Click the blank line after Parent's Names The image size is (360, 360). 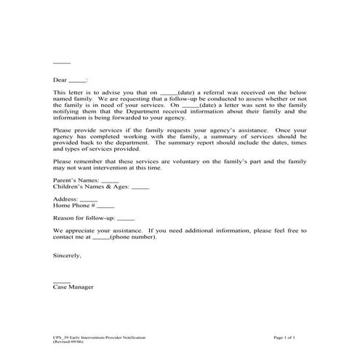(x=110, y=180)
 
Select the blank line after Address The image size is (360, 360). (x=88, y=199)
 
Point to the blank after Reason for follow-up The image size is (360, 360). (x=125, y=217)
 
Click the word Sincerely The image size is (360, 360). (x=68, y=255)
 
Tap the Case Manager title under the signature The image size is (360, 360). (x=73, y=287)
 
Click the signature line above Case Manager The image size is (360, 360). (x=62, y=281)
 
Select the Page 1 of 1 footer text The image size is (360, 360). (x=289, y=338)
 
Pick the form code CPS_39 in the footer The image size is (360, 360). (x=62, y=338)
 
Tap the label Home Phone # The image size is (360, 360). (x=74, y=205)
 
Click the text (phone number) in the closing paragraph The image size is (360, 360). (x=133, y=236)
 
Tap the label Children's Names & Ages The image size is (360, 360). (x=91, y=187)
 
